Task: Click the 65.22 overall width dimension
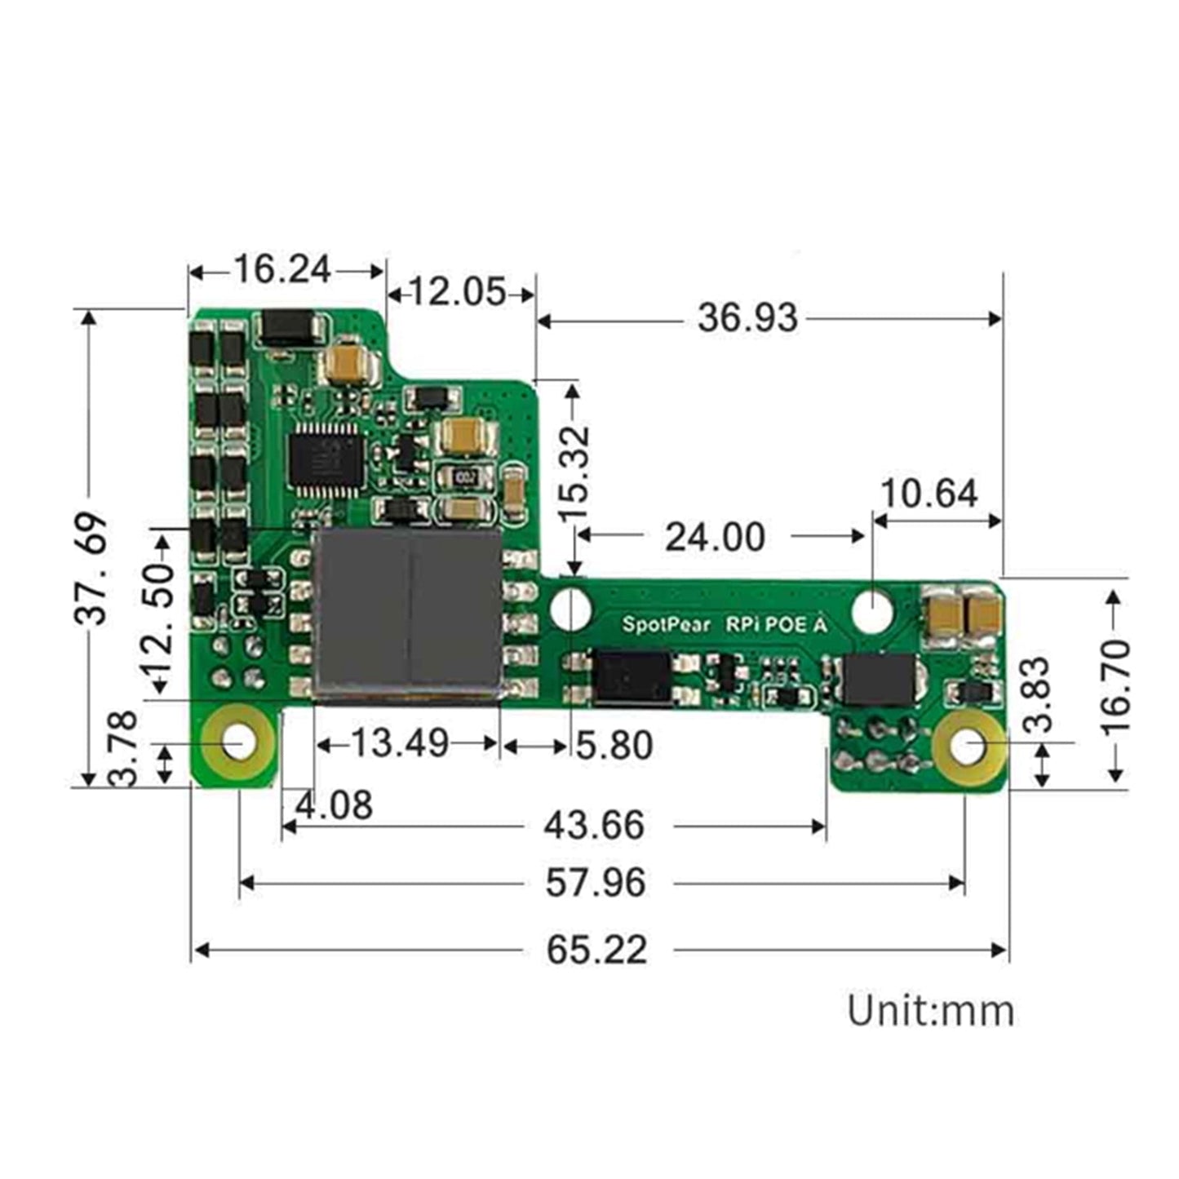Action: coord(596,950)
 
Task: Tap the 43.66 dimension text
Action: coord(594,826)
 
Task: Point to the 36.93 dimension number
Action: coord(747,317)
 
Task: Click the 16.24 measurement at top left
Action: coord(282,269)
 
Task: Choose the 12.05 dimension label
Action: coord(457,292)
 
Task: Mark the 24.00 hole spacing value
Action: coord(715,537)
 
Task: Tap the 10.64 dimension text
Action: coord(929,494)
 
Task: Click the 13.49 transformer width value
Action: coord(400,743)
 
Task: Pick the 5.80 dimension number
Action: coord(614,745)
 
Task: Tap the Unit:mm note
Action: coord(931,1011)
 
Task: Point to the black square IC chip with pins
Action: coord(324,459)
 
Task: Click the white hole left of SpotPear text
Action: coord(571,609)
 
